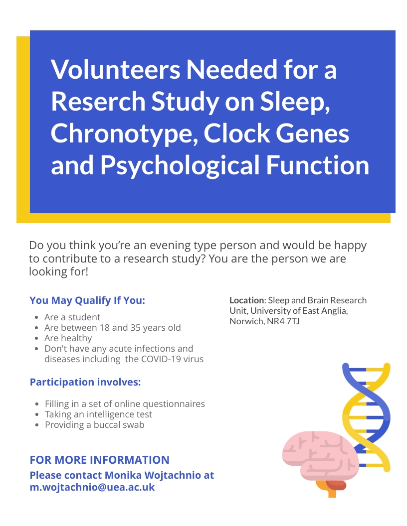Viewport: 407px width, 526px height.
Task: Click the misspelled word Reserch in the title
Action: [98, 101]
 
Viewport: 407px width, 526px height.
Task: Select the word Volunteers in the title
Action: [116, 69]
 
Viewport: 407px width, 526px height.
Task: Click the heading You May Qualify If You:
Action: [87, 300]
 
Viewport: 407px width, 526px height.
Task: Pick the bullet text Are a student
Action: [72, 317]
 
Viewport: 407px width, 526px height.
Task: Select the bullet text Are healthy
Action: [68, 338]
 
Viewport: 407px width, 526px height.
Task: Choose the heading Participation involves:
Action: [85, 382]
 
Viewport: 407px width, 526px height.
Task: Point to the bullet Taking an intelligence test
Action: [98, 414]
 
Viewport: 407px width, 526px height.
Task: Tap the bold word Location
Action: [247, 300]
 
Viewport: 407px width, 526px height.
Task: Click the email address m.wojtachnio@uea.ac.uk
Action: [92, 487]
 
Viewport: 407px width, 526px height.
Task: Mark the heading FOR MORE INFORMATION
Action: [99, 460]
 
